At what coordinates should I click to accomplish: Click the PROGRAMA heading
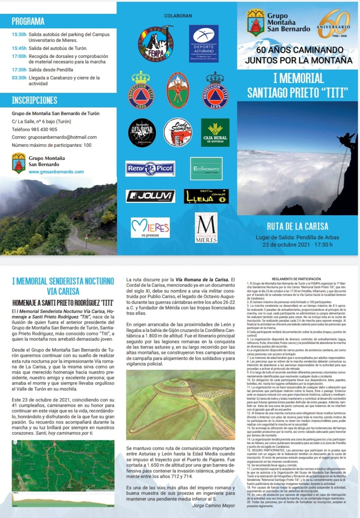28,21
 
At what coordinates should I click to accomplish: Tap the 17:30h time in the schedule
19,70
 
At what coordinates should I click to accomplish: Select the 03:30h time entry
19,78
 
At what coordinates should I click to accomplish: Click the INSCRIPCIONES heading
35,100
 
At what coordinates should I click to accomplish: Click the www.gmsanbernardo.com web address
56,172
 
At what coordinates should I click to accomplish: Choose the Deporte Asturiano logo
204,44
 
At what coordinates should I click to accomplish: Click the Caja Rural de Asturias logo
215,133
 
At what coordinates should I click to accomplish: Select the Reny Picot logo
150,168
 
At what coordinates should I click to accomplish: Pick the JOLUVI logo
150,196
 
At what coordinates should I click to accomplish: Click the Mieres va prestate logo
150,228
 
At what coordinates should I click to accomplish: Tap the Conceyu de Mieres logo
206,228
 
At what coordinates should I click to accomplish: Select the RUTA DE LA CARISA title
297,226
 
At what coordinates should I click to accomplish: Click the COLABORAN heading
178,16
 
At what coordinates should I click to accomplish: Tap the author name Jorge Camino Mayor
213,505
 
